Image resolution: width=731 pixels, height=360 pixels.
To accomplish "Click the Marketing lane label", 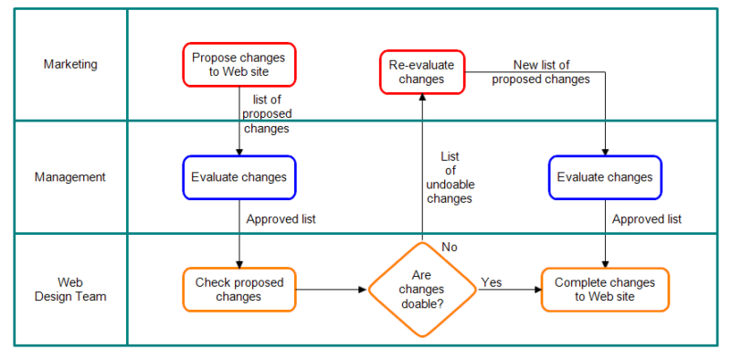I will (70, 64).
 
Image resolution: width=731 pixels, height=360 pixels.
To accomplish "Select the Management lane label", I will (70, 177).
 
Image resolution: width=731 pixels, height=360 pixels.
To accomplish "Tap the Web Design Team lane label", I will (70, 290).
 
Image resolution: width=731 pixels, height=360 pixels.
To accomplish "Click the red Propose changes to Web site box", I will (238, 65).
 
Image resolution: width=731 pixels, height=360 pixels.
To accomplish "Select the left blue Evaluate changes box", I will (238, 177).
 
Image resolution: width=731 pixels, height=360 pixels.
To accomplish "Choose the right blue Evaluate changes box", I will (604, 177).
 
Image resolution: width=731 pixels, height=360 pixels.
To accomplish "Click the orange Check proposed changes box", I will (238, 290).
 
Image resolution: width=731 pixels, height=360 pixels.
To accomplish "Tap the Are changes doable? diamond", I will (422, 290).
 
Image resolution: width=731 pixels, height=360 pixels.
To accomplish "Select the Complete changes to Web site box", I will (604, 290).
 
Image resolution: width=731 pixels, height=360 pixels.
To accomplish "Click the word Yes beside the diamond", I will (492, 282).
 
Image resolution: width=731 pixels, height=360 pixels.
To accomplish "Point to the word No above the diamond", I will (450, 247).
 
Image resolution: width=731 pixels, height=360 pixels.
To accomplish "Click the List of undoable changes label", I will (450, 177).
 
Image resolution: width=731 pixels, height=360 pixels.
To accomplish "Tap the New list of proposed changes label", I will (541, 72).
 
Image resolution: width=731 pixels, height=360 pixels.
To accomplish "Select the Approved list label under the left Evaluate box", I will (281, 219).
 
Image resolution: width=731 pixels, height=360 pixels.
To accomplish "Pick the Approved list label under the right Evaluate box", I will (647, 219).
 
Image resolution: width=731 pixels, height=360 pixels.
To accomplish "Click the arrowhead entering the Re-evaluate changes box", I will (422, 99).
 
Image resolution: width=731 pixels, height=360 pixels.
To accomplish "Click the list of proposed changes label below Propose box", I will (266, 114).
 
